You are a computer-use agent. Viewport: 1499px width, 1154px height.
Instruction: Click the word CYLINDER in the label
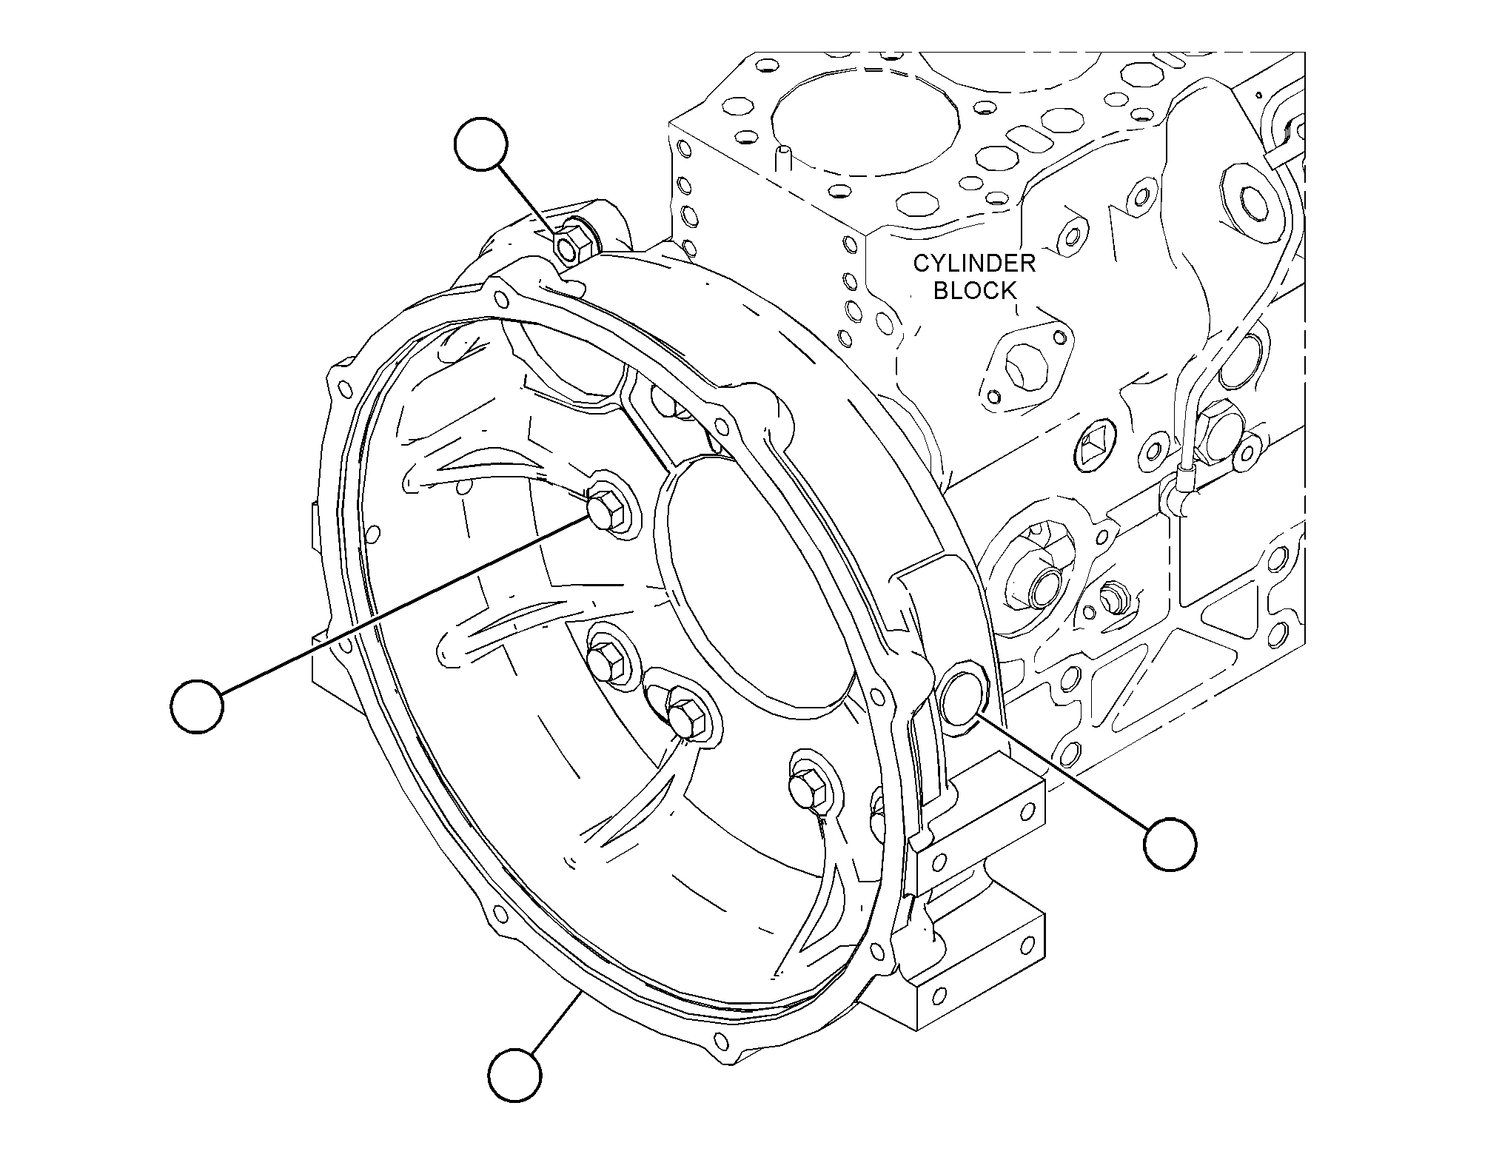973,263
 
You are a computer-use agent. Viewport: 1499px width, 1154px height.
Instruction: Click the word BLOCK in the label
975,290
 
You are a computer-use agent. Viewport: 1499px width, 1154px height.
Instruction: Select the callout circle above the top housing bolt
481,144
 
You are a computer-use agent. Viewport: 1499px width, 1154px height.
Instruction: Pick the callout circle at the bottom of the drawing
515,1074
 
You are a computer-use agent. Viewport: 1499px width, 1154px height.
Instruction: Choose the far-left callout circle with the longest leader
197,706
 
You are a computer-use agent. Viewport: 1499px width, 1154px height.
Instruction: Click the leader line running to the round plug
1063,771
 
